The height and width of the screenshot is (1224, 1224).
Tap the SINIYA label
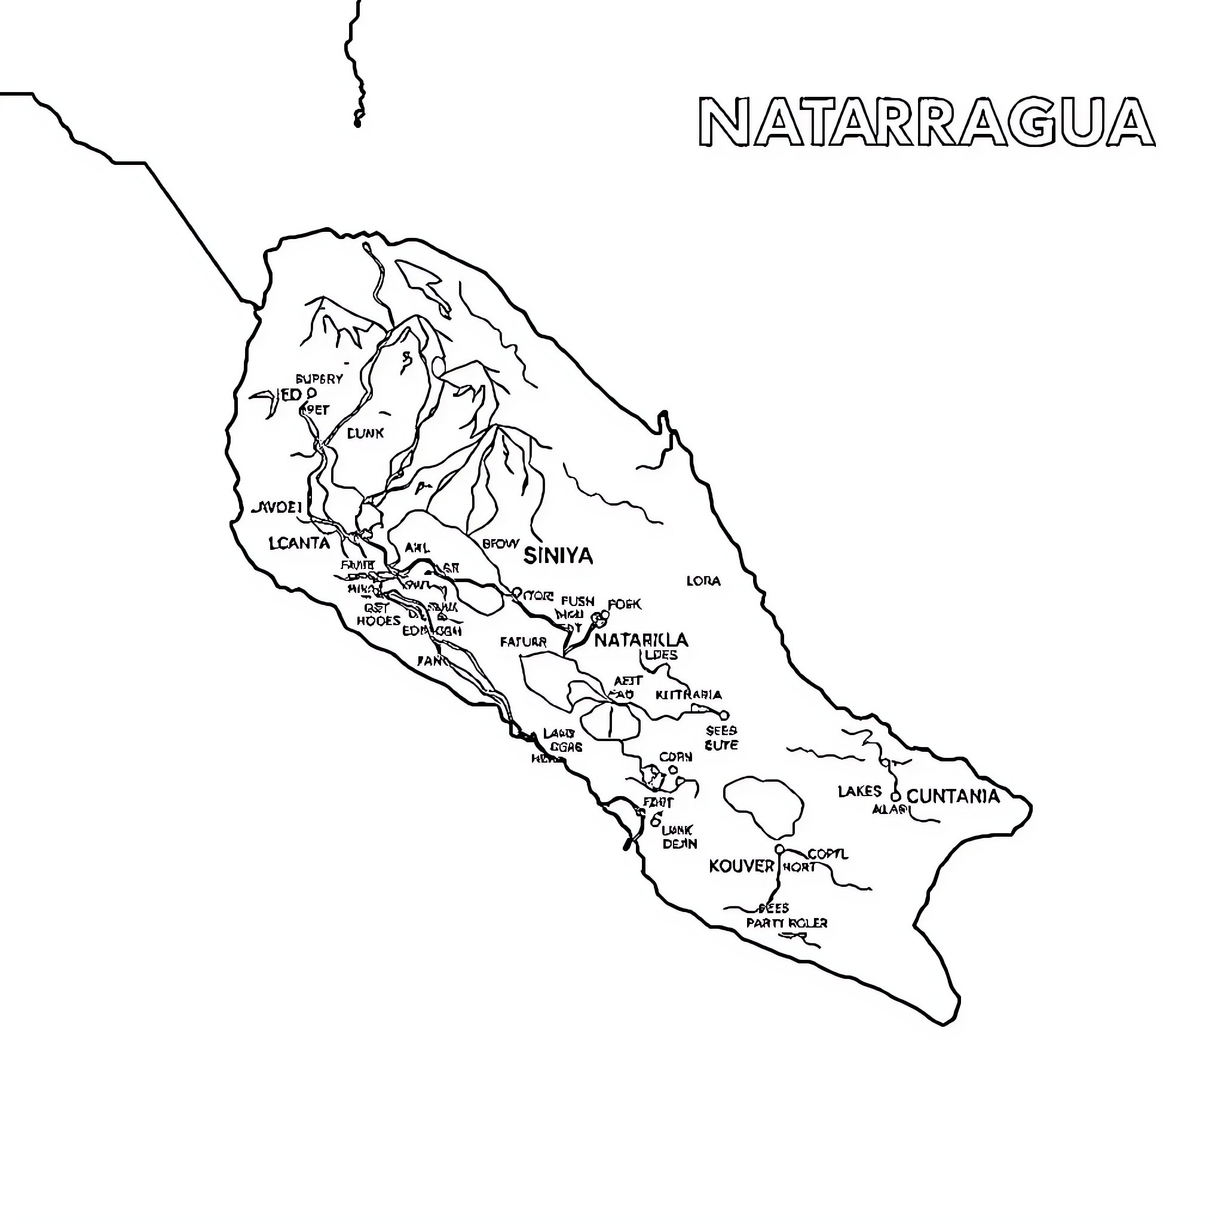[558, 556]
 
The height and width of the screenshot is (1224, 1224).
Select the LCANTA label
[299, 543]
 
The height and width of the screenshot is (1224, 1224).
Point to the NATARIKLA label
[641, 640]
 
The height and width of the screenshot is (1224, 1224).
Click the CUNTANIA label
[953, 796]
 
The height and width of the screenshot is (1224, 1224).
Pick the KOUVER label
[741, 866]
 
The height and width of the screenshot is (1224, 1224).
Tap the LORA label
[703, 581]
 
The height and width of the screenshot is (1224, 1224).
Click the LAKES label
[859, 791]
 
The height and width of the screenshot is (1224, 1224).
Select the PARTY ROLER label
[787, 923]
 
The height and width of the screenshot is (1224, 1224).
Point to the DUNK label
[366, 433]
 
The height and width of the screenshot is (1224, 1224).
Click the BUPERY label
[319, 379]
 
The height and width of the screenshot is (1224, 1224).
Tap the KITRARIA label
[688, 695]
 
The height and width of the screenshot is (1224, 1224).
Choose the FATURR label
[524, 642]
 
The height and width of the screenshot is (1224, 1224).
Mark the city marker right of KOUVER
[780, 849]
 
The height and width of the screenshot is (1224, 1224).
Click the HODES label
[378, 621]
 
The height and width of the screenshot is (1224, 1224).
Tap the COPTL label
[827, 854]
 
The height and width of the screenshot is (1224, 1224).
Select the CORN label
[675, 757]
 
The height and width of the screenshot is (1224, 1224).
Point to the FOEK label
[624, 604]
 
